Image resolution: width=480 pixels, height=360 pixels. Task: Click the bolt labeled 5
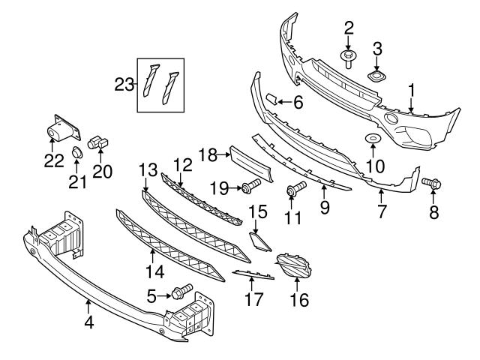(181, 291)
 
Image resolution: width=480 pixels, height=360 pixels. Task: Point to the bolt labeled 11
(294, 190)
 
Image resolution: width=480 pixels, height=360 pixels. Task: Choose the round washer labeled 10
(373, 139)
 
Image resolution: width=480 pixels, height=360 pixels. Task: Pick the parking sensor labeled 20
(97, 140)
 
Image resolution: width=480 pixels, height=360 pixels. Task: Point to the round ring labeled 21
(76, 154)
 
